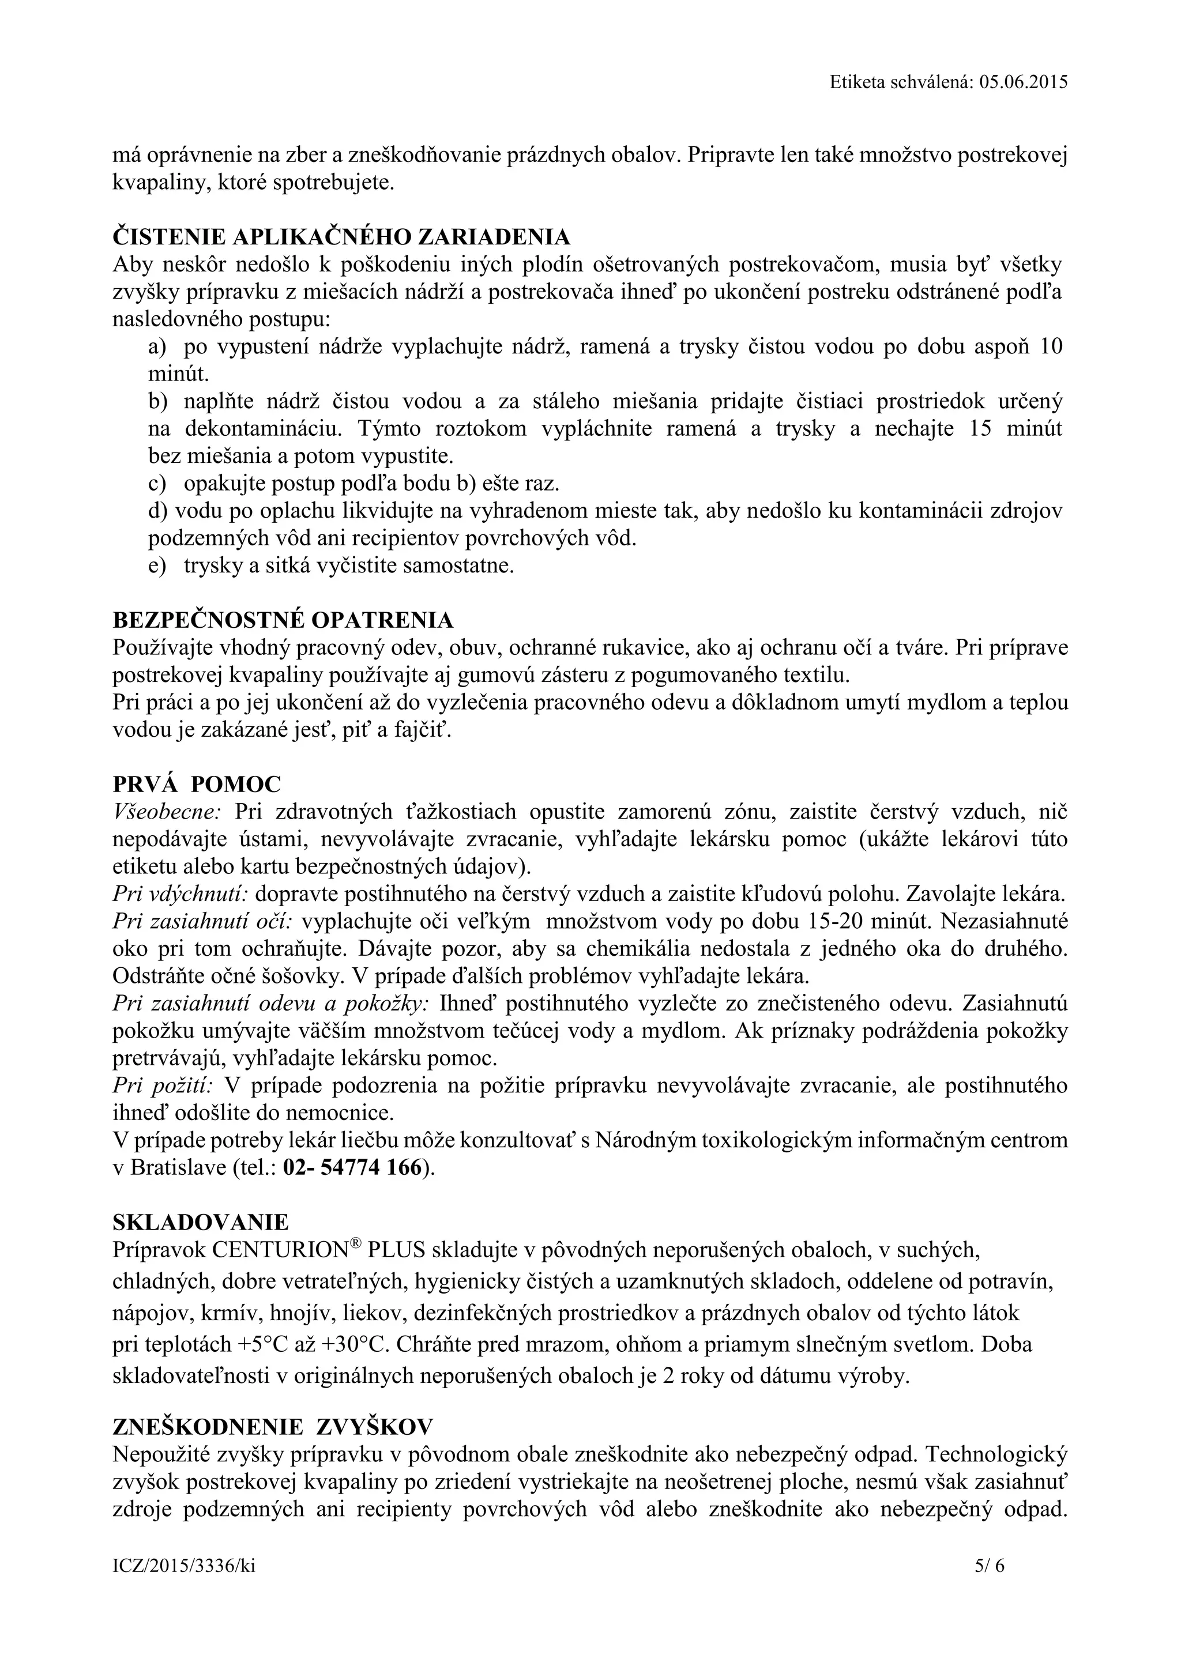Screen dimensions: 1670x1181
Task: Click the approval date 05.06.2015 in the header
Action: pyautogui.click(x=1023, y=82)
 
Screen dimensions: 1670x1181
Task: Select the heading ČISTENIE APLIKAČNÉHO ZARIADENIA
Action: pyautogui.click(x=341, y=237)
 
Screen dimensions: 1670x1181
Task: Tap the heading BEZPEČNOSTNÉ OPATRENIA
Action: pyautogui.click(x=283, y=620)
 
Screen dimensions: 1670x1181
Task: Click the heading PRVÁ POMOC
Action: pyautogui.click(x=197, y=784)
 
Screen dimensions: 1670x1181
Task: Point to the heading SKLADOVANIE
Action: pyautogui.click(x=201, y=1222)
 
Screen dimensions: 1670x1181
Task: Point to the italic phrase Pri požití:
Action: pyautogui.click(x=162, y=1086)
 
